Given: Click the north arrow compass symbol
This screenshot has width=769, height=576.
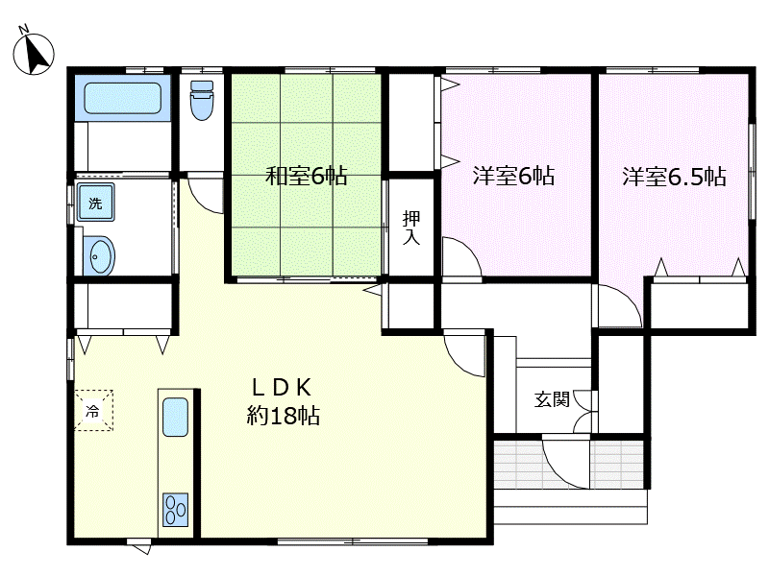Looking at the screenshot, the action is pyautogui.click(x=34, y=54).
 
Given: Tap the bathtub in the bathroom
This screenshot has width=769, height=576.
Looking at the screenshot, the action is pyautogui.click(x=123, y=98).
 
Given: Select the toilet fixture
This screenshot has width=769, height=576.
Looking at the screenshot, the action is pyautogui.click(x=202, y=101).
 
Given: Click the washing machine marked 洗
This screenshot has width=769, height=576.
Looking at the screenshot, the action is pyautogui.click(x=95, y=203).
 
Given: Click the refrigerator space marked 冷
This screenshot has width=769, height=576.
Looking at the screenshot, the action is pyautogui.click(x=93, y=410).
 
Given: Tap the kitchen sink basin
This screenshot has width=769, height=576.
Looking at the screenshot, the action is pyautogui.click(x=175, y=417).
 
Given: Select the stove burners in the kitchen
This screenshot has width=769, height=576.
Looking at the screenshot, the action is pyautogui.click(x=175, y=510).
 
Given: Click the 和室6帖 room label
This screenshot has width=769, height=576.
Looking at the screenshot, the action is pyautogui.click(x=306, y=176).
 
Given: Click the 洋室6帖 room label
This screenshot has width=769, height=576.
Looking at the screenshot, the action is pyautogui.click(x=513, y=176).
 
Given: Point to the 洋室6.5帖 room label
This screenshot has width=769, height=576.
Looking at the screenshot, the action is pyautogui.click(x=674, y=177).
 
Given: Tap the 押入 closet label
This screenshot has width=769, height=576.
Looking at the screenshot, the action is pyautogui.click(x=411, y=228).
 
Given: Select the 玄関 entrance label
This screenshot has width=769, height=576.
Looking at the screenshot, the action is pyautogui.click(x=552, y=399).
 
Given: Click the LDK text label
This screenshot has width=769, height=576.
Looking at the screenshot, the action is pyautogui.click(x=282, y=388).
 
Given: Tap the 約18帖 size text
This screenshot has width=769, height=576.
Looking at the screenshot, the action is pyautogui.click(x=283, y=416).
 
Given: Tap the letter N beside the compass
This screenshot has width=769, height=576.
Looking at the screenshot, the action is pyautogui.click(x=24, y=29).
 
